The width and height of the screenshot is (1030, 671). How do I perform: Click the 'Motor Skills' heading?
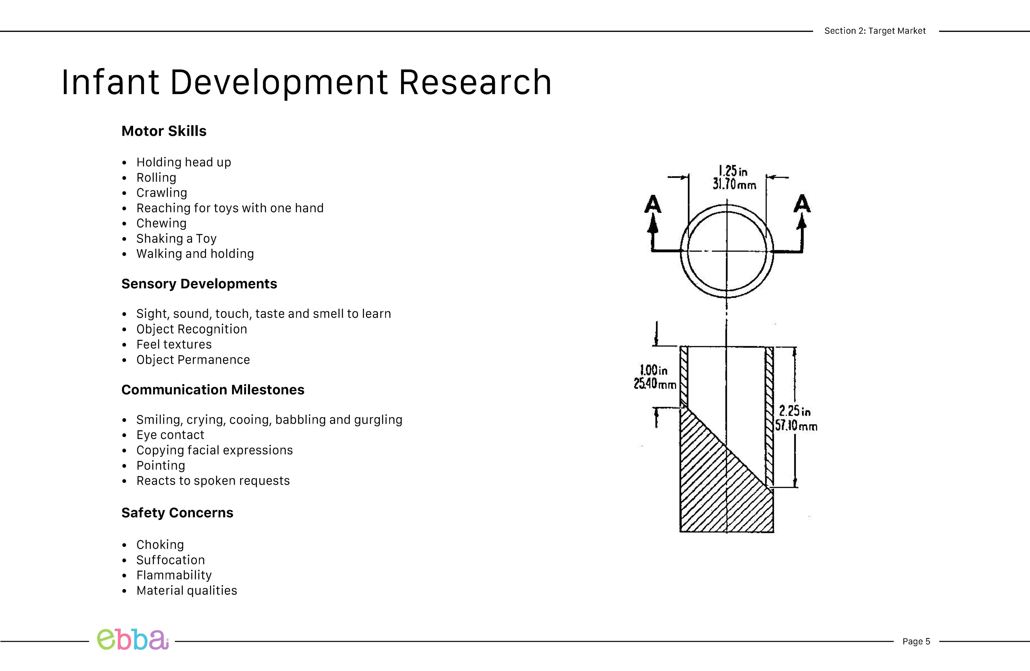(x=164, y=131)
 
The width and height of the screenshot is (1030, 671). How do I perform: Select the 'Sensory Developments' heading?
(x=199, y=284)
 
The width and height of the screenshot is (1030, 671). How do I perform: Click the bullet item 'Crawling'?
(x=161, y=193)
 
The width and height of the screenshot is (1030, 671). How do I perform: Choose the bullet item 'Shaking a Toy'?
(x=176, y=239)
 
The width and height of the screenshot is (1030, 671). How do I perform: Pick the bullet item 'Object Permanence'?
(x=193, y=360)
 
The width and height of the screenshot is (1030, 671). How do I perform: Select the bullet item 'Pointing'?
(x=161, y=466)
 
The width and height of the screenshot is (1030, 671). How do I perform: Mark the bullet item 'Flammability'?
(x=174, y=575)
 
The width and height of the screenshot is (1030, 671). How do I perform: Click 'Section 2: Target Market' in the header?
(x=875, y=31)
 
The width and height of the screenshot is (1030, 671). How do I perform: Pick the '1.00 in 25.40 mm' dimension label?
(x=654, y=377)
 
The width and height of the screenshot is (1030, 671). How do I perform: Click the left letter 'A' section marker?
(x=653, y=204)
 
